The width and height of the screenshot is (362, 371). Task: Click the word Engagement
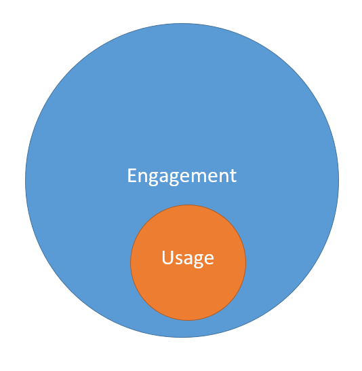[182, 177]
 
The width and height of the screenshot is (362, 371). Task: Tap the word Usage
[188, 259]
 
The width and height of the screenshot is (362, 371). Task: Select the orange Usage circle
[188, 262]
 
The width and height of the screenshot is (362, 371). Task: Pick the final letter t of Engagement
[233, 175]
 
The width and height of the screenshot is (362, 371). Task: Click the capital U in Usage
[167, 258]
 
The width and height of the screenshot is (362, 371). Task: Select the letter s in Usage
[178, 259]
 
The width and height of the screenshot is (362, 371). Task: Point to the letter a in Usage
[187, 259]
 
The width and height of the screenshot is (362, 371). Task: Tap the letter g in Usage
[198, 261]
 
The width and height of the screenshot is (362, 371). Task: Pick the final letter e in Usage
[209, 259]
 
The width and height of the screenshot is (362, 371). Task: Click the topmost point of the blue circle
[182, 23]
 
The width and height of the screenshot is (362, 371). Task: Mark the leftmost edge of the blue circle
[25, 180]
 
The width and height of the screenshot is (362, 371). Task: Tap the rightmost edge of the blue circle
[339, 180]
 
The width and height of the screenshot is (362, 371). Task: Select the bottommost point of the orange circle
[188, 320]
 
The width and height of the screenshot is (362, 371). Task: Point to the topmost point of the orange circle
[188, 205]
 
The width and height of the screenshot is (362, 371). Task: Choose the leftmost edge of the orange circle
[131, 262]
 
